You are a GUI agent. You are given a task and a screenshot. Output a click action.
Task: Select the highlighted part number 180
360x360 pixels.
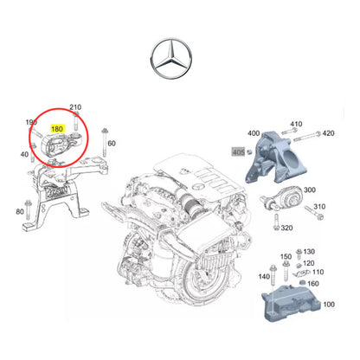tap(58, 127)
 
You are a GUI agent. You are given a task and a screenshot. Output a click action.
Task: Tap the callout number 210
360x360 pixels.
tap(75, 106)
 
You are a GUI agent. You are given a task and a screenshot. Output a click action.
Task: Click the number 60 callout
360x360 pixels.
tap(112, 143)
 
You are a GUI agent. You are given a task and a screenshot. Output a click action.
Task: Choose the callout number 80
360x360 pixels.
tap(20, 211)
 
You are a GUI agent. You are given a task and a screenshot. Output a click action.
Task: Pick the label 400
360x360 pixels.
tap(253, 134)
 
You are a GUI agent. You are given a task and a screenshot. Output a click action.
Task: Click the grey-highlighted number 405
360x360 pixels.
tap(238, 151)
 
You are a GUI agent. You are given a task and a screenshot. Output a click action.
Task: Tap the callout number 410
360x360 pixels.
tap(296, 124)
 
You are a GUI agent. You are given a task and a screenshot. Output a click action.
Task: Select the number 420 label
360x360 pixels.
tap(327, 134)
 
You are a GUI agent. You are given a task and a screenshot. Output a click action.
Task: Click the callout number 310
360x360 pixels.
tap(319, 207)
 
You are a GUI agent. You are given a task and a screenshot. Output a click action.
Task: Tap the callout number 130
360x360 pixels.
tap(309, 252)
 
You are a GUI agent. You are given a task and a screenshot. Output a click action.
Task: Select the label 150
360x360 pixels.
tap(286, 257)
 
